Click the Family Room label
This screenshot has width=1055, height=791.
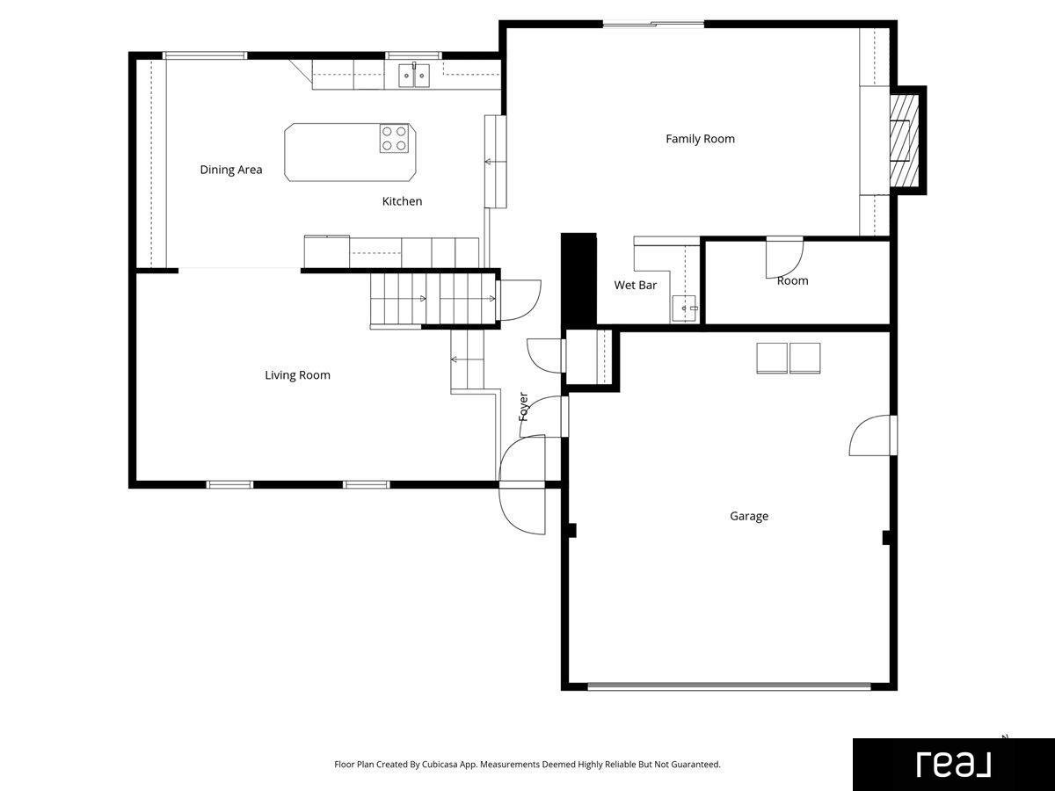[700, 139]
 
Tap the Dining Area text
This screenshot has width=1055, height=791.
[230, 170]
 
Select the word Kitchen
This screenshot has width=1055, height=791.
[402, 201]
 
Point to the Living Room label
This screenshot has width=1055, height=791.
[297, 375]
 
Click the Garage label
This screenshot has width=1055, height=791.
[749, 516]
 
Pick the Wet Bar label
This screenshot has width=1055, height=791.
[635, 286]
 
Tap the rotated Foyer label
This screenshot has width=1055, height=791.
[523, 407]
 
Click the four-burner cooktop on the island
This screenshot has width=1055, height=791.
[394, 138]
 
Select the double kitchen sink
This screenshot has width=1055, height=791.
[414, 76]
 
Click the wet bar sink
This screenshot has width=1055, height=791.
[684, 308]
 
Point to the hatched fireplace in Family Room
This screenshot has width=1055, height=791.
[904, 141]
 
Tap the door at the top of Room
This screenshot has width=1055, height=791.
[784, 258]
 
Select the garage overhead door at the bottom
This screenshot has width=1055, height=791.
[729, 686]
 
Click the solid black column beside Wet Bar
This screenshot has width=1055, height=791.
[578, 280]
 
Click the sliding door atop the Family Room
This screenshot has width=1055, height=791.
[653, 24]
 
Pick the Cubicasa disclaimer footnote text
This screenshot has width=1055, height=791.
[527, 764]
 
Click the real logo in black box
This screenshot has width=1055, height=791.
[954, 765]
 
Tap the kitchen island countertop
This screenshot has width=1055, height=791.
[351, 152]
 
